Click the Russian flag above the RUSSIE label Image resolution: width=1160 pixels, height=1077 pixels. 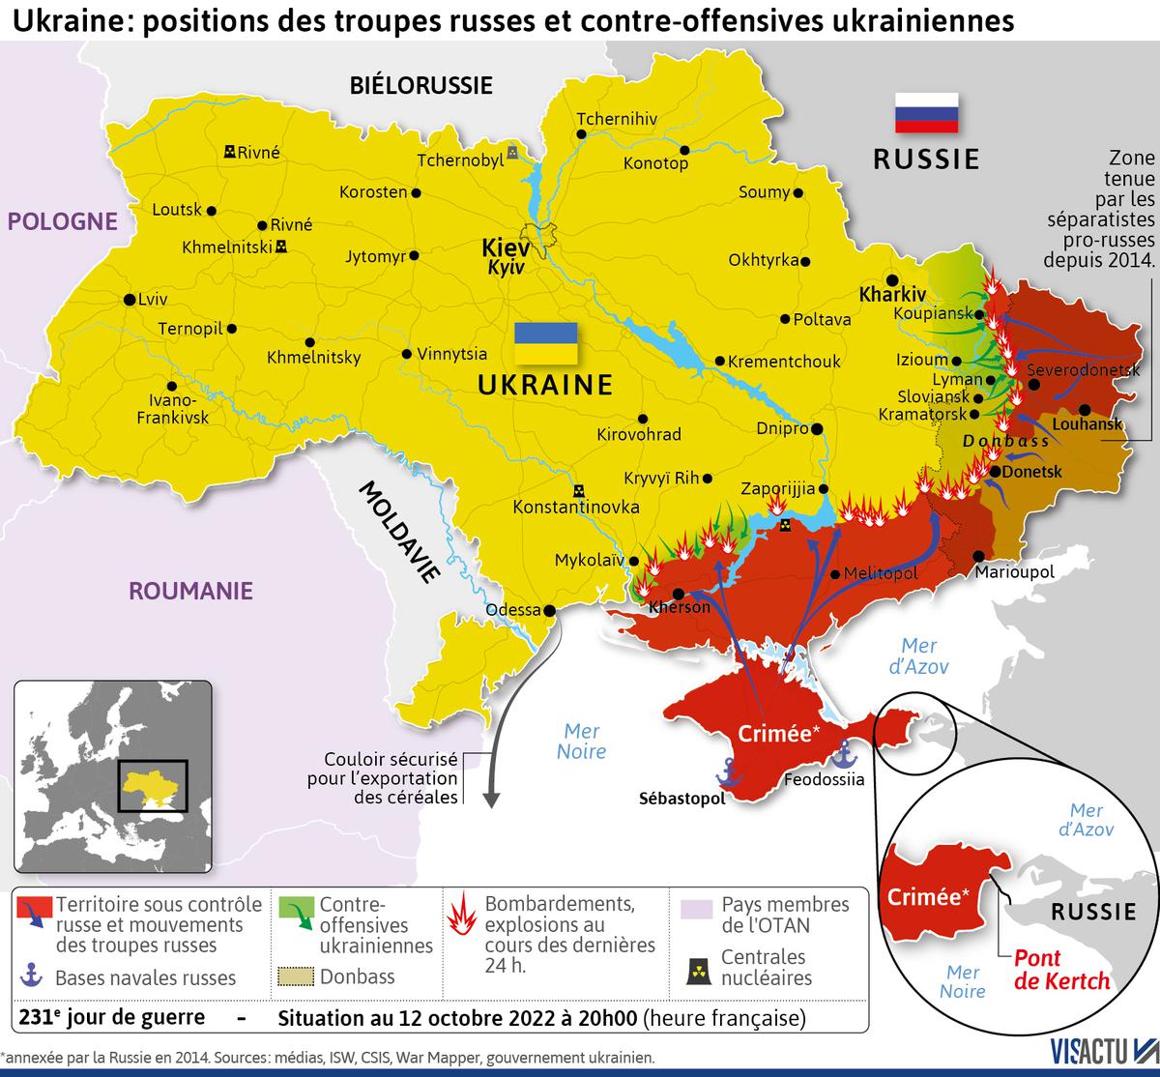tap(926, 112)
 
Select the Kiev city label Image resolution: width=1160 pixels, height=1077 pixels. tap(505, 248)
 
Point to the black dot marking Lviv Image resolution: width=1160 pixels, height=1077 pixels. tap(129, 300)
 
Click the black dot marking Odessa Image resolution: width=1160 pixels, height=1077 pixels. tap(550, 610)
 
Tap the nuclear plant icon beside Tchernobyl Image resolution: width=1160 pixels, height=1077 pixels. tap(512, 153)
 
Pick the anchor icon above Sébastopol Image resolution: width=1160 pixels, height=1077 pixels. tap(728, 770)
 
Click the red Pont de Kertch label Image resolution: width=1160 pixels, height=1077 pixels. tap(1061, 970)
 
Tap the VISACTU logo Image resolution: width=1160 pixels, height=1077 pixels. tap(1102, 1053)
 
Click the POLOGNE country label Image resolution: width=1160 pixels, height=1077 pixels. tap(62, 221)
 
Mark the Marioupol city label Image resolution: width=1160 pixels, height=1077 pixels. tap(1014, 572)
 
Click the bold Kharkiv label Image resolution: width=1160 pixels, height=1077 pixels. tap(892, 294)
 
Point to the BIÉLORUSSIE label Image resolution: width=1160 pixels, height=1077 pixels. tap(420, 85)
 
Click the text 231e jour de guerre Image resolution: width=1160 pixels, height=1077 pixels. tap(111, 1017)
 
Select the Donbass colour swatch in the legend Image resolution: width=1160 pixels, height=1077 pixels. tap(296, 976)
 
